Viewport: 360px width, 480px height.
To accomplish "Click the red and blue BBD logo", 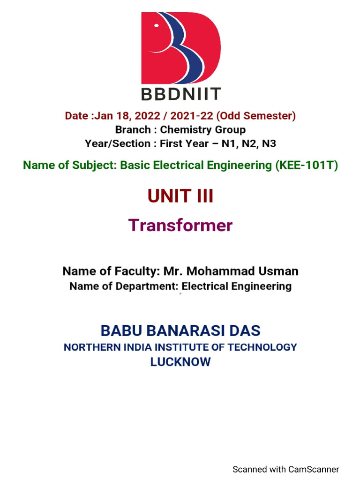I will (x=180, y=48).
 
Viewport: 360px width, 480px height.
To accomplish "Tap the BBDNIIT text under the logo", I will (x=180, y=94).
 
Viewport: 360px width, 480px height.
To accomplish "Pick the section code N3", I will (x=269, y=143).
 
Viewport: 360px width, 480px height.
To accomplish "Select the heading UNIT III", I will (x=180, y=196).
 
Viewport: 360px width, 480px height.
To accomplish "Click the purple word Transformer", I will (x=180, y=225).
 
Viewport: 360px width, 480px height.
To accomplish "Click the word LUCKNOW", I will (x=180, y=362).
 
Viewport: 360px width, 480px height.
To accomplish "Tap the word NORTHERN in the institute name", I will (x=88, y=347).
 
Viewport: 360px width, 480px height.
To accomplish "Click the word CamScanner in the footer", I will (x=314, y=469).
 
